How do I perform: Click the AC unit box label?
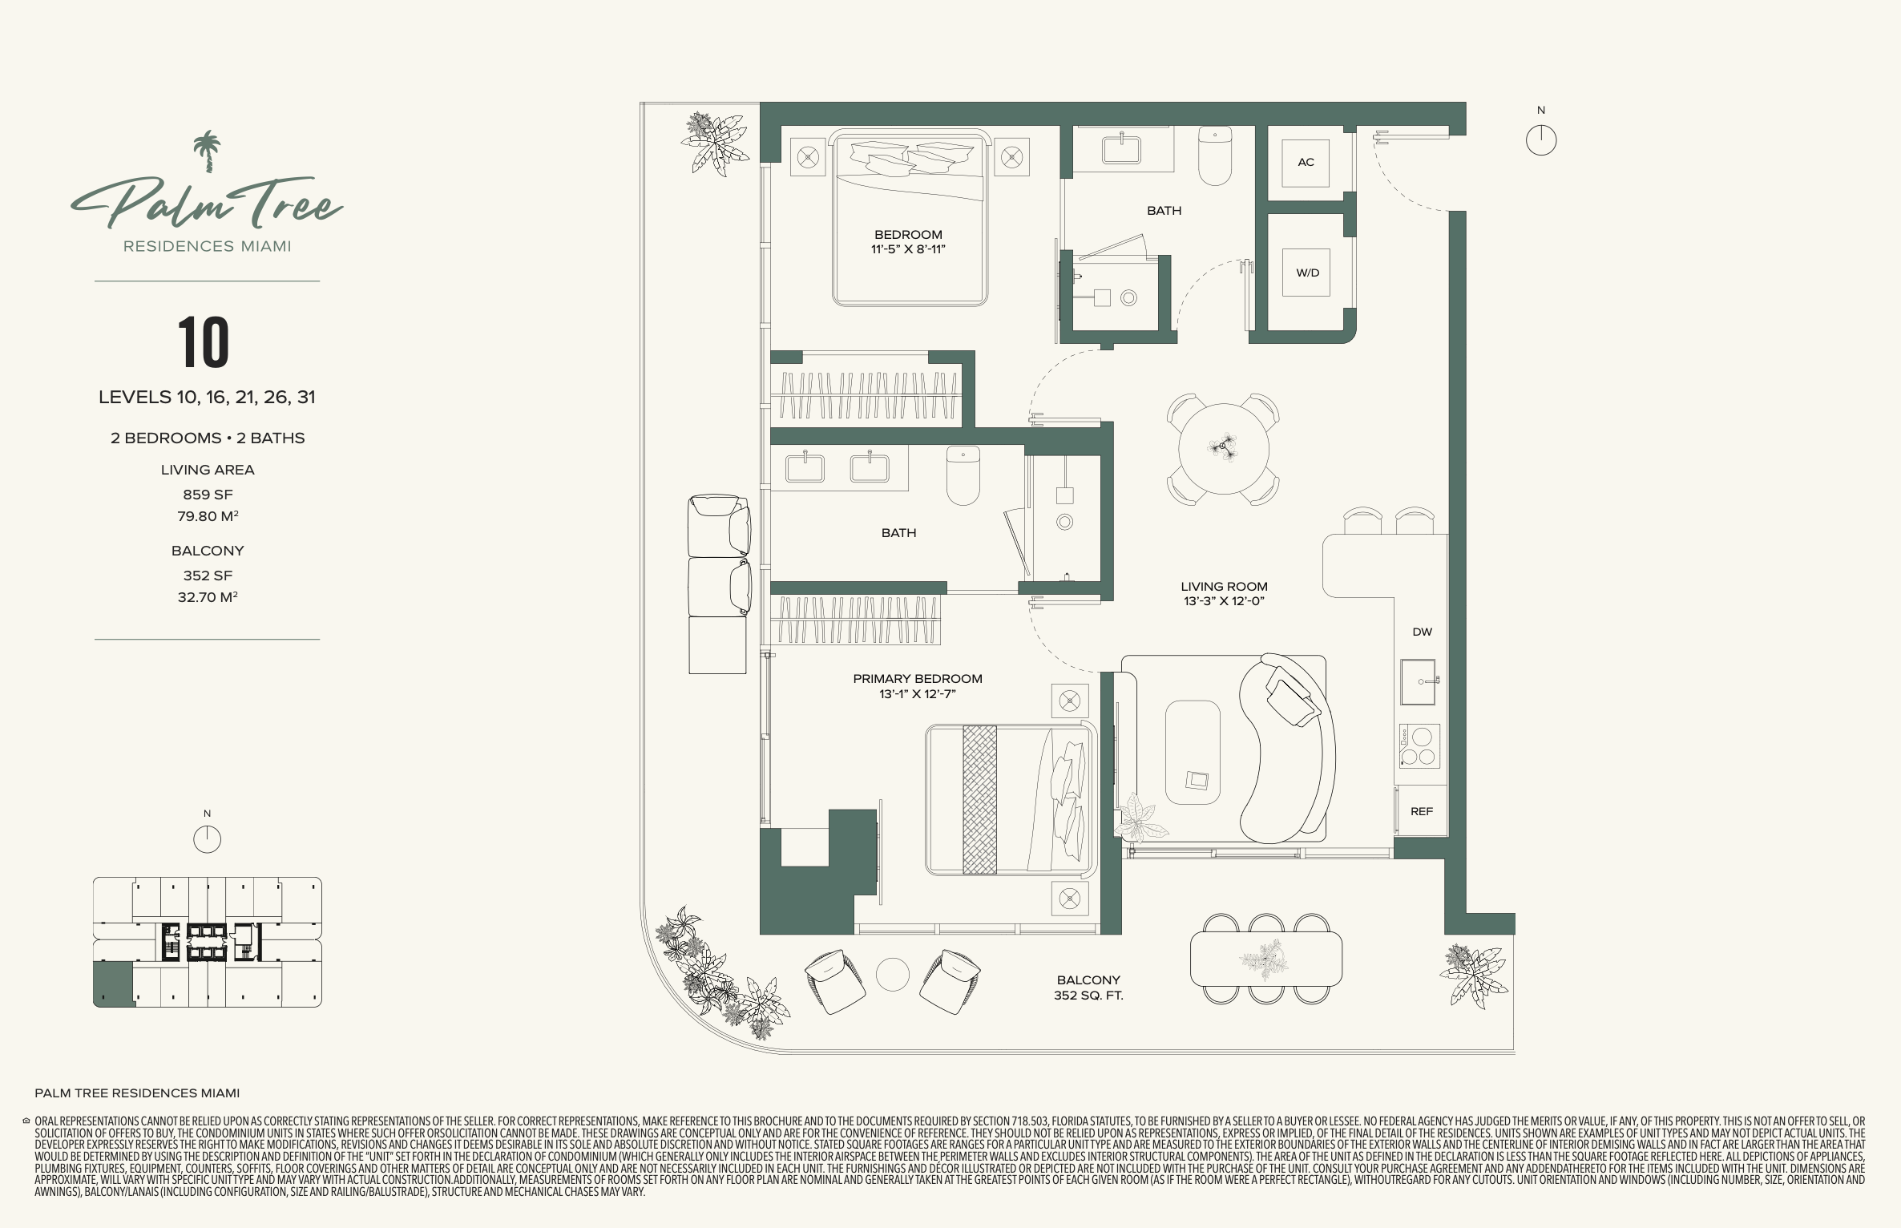pyautogui.click(x=1306, y=162)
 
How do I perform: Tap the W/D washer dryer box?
pyautogui.click(x=1306, y=273)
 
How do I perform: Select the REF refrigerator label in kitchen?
pyautogui.click(x=1421, y=811)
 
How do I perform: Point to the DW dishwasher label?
pyautogui.click(x=1422, y=632)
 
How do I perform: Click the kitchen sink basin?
pyautogui.click(x=1418, y=682)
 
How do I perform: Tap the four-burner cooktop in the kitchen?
pyautogui.click(x=1419, y=745)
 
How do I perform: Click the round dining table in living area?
pyautogui.click(x=1223, y=448)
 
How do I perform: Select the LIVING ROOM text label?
pyautogui.click(x=1224, y=587)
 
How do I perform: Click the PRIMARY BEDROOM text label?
pyautogui.click(x=918, y=679)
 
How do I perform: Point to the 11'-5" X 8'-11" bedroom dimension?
pyautogui.click(x=908, y=249)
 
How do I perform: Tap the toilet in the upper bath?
pyautogui.click(x=1215, y=156)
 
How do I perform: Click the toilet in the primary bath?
pyautogui.click(x=963, y=475)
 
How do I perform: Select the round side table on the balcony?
pyautogui.click(x=892, y=975)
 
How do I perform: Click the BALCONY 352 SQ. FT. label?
pyautogui.click(x=1088, y=988)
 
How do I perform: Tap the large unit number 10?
pyautogui.click(x=204, y=342)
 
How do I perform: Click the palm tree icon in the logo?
pyautogui.click(x=208, y=151)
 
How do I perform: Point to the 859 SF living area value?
pyautogui.click(x=208, y=495)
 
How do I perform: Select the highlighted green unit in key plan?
pyautogui.click(x=113, y=984)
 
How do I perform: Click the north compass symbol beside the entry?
pyautogui.click(x=1540, y=140)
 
